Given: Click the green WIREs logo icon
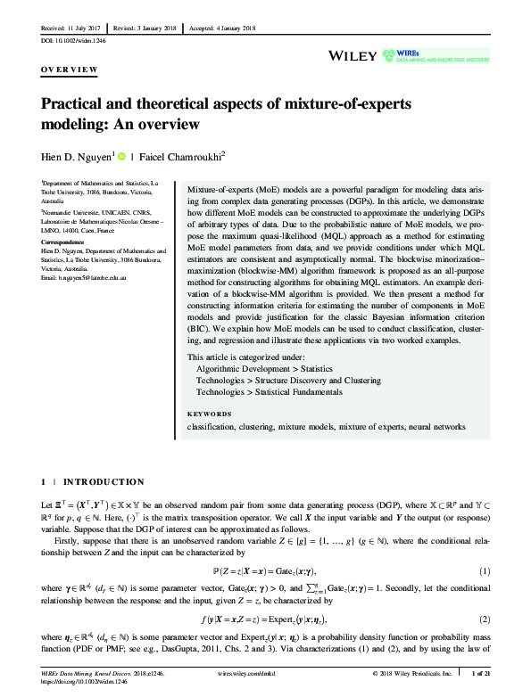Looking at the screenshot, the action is click(x=388, y=54).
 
